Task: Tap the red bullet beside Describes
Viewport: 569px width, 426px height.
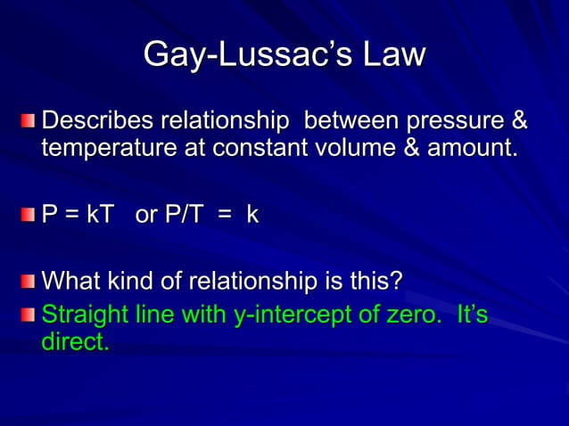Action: (30, 120)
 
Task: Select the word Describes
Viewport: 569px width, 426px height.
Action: (100, 119)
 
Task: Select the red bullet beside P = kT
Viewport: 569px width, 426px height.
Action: (30, 216)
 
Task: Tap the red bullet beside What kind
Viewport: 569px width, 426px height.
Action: (30, 283)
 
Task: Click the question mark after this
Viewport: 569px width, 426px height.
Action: (396, 283)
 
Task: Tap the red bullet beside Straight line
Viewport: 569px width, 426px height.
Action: (30, 315)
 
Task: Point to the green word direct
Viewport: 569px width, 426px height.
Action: (75, 342)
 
